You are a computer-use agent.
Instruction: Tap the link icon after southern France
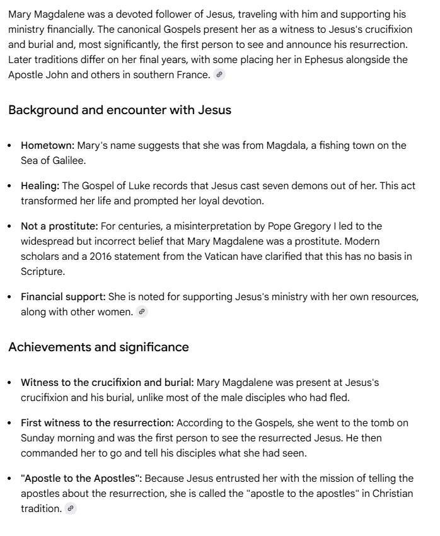(x=219, y=74)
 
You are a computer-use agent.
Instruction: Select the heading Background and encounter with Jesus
(x=120, y=110)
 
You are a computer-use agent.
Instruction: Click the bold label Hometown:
(x=48, y=146)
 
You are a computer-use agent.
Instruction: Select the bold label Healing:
(x=41, y=186)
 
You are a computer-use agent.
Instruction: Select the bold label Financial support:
(x=64, y=296)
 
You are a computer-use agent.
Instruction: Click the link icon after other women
(x=142, y=312)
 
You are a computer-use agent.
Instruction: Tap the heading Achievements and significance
(x=98, y=347)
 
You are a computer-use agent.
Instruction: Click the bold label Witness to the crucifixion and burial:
(x=108, y=382)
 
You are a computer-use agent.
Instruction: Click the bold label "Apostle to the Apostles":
(x=82, y=478)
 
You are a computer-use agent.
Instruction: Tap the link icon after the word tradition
(x=71, y=508)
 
